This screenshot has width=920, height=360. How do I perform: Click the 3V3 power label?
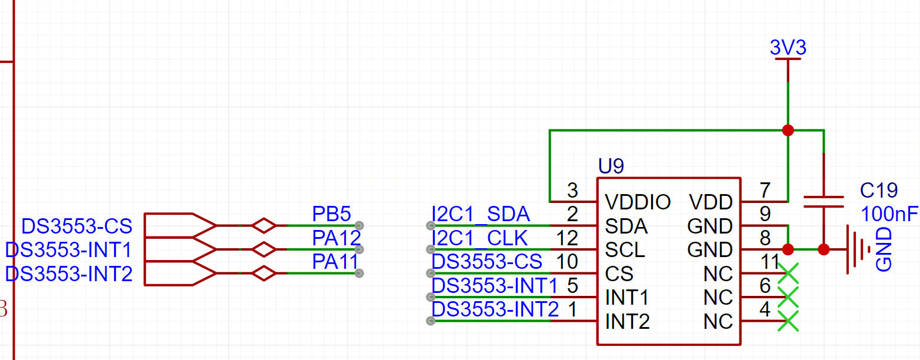[788, 48]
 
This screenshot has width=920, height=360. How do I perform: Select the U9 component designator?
[611, 166]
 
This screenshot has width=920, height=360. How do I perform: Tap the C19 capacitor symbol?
[824, 202]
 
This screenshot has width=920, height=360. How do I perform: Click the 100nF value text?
[889, 214]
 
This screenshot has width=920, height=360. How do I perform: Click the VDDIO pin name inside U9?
[638, 202]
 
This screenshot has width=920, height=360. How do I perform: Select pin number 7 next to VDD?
[765, 190]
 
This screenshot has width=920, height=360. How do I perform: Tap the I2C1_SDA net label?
[481, 214]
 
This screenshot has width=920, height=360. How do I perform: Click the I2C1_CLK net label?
[479, 238]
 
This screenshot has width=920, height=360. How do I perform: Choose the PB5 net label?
[331, 214]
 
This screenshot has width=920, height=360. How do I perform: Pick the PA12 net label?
[336, 238]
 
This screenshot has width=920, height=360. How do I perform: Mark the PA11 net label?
[335, 262]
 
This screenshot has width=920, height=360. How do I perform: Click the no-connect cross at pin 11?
[788, 274]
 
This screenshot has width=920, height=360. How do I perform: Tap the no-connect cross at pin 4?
[788, 321]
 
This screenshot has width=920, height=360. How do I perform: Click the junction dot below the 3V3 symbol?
[788, 131]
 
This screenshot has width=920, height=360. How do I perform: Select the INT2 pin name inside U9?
[627, 321]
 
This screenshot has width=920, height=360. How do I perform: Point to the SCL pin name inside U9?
[625, 249]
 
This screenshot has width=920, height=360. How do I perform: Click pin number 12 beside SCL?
[567, 238]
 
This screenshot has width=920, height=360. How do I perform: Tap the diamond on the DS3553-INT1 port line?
[264, 249]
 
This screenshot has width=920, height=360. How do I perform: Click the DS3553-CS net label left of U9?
[486, 262]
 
